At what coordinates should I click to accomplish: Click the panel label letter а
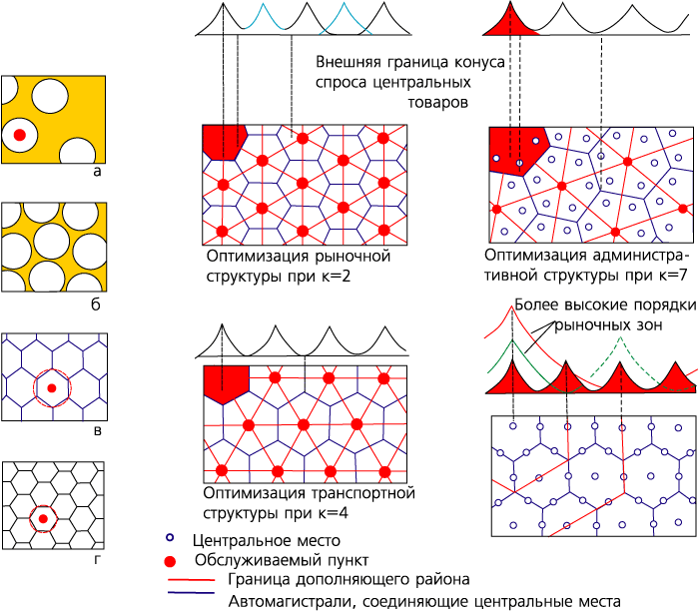97,172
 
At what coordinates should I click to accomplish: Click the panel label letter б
96,304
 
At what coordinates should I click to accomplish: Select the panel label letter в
98,431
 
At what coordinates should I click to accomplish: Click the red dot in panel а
20,135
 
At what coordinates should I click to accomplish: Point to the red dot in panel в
52,388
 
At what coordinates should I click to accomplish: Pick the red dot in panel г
43,519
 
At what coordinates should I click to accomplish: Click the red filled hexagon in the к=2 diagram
224,141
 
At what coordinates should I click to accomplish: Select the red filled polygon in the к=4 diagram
226,383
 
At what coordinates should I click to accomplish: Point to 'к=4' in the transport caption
330,513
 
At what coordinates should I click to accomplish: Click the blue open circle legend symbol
170,537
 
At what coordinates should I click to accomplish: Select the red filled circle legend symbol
170,561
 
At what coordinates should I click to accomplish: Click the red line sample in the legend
192,580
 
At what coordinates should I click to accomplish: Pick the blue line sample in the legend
192,593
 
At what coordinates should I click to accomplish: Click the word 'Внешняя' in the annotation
349,62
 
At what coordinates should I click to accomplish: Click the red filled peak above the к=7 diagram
511,25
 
